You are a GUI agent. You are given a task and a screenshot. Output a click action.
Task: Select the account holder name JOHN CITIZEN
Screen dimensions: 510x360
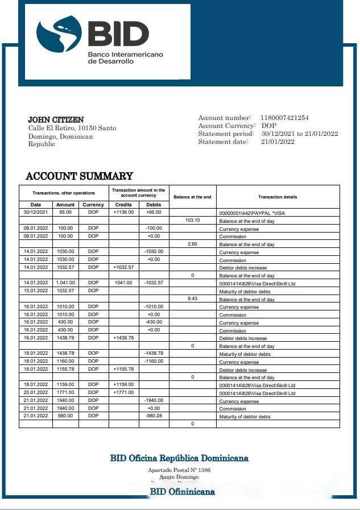[x=56, y=120]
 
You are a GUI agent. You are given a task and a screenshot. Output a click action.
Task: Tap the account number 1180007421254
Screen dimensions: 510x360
[x=284, y=118]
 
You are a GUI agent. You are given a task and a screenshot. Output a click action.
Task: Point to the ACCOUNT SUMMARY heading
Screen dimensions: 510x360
[x=79, y=176]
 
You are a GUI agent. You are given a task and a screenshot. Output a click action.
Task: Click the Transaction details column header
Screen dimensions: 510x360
[x=278, y=197]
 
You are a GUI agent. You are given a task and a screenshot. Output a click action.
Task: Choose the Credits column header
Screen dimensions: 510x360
[x=123, y=205]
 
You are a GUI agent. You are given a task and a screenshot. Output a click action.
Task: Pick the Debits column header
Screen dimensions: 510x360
[x=154, y=205]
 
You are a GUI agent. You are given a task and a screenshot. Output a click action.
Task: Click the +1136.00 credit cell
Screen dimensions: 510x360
[x=123, y=213]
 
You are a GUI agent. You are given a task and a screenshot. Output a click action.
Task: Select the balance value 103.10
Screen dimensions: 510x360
[x=193, y=220]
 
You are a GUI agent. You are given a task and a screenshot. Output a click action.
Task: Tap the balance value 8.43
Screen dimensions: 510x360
[x=193, y=298]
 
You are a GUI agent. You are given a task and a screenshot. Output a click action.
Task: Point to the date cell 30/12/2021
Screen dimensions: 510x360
[x=35, y=213]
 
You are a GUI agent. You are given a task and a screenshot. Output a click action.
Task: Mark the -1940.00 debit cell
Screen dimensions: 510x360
[x=154, y=400]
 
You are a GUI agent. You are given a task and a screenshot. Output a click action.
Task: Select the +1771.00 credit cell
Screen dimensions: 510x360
[x=123, y=392]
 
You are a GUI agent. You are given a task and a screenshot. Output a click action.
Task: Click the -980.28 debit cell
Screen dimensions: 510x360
[x=154, y=416]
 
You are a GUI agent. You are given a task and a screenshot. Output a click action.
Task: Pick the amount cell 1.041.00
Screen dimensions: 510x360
[x=65, y=283]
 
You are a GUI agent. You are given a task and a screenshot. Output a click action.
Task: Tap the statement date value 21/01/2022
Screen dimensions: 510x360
[x=278, y=142]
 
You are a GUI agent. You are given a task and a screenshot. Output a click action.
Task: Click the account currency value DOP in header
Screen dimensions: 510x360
[x=269, y=126]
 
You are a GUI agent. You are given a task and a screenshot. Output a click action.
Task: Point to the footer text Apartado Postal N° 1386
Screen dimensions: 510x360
[x=179, y=470]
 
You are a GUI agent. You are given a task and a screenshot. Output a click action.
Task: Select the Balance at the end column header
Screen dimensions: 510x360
[x=192, y=197]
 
